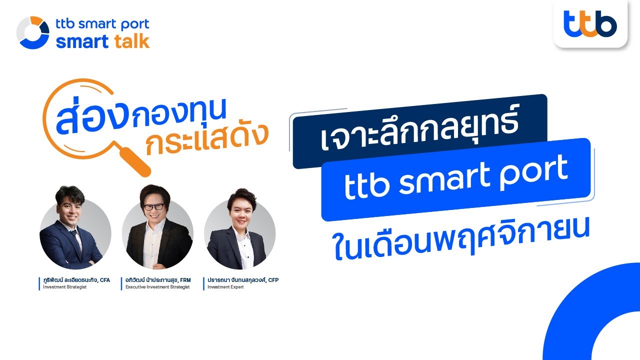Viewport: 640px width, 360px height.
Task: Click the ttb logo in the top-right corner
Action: (x=590, y=24)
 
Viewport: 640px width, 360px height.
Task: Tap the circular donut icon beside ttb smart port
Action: (x=33, y=33)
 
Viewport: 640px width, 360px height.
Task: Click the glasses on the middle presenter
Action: (x=154, y=207)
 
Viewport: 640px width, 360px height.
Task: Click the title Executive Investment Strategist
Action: (x=157, y=287)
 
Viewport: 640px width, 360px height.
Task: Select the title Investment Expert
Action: (x=225, y=287)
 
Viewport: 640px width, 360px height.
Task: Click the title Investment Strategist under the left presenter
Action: (x=64, y=287)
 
